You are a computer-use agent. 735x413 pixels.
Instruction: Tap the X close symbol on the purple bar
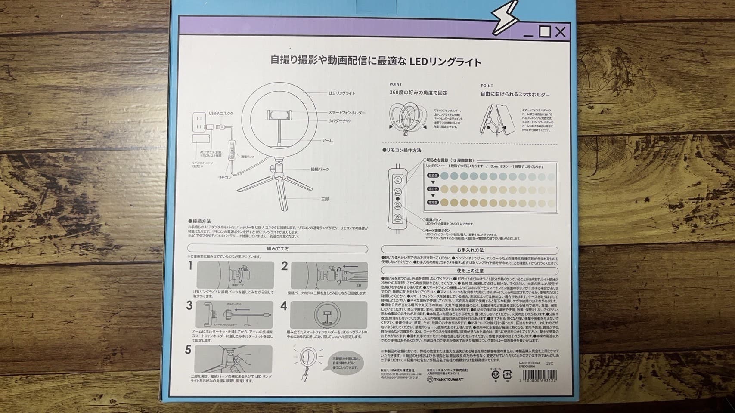(x=560, y=31)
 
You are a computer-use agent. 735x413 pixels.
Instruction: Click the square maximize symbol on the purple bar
(x=545, y=31)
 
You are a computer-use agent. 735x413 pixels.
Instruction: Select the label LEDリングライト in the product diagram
(x=342, y=93)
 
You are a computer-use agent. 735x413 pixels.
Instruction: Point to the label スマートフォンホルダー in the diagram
(x=347, y=113)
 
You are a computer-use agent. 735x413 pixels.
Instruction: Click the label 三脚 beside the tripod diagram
(x=325, y=199)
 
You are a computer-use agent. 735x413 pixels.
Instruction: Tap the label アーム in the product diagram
(x=327, y=141)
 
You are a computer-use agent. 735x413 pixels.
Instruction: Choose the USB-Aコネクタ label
(x=221, y=114)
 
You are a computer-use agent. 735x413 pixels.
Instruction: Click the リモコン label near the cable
(x=225, y=177)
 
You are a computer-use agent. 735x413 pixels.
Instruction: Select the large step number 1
(x=190, y=266)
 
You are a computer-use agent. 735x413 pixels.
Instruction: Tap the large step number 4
(x=284, y=306)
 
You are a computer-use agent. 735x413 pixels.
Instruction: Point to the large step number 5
(x=188, y=350)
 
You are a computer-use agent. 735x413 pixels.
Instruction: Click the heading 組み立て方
(x=278, y=249)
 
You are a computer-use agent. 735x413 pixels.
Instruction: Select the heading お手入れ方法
(x=470, y=250)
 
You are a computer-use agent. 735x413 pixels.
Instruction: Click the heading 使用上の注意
(x=470, y=271)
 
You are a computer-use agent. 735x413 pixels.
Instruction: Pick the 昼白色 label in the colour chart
(x=433, y=176)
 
